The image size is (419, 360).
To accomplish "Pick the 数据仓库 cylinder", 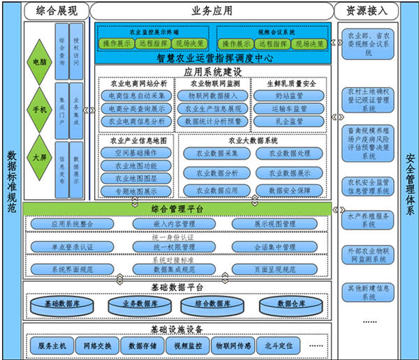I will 288,304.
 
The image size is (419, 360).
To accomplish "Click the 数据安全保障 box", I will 288,190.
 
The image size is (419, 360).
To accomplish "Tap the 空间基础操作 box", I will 135,153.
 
